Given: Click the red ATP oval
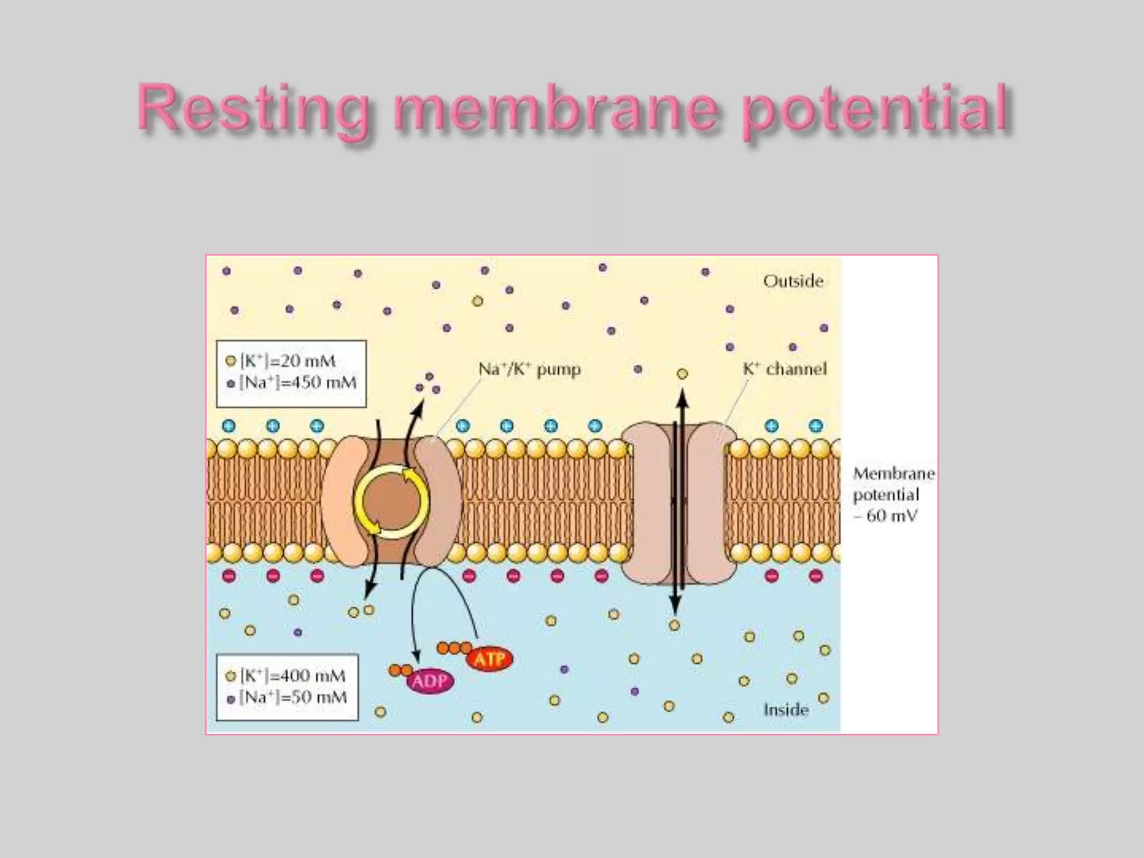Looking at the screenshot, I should pyautogui.click(x=489, y=659).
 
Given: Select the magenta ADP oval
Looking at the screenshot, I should pyautogui.click(x=430, y=681).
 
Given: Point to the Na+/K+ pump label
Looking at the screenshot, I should pyautogui.click(x=530, y=370).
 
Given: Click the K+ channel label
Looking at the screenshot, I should pyautogui.click(x=784, y=369).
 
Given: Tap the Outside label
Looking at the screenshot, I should pyautogui.click(x=793, y=281).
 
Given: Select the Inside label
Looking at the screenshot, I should pyautogui.click(x=786, y=710).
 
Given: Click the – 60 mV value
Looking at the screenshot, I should pyautogui.click(x=886, y=516).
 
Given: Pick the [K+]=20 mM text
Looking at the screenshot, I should pyautogui.click(x=288, y=361).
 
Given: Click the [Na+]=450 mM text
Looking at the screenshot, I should pyautogui.click(x=297, y=383).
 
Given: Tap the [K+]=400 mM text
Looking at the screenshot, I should pyautogui.click(x=293, y=676).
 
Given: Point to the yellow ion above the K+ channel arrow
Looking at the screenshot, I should pyautogui.click(x=682, y=374).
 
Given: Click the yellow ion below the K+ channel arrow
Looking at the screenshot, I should pyautogui.click(x=675, y=626).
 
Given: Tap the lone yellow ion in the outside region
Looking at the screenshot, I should pyautogui.click(x=478, y=302).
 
